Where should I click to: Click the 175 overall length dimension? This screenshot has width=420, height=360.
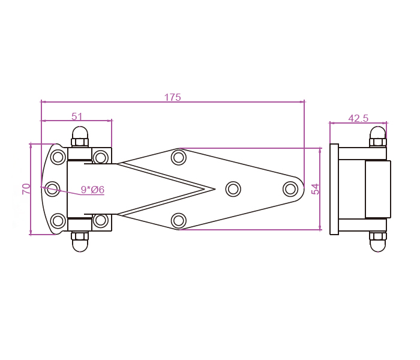click(172, 97)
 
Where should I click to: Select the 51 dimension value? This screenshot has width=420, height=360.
click(77, 117)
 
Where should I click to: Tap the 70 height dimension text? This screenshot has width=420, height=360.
click(26, 188)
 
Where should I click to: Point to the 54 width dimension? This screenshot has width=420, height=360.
click(316, 188)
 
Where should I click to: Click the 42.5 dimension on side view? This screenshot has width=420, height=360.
click(358, 119)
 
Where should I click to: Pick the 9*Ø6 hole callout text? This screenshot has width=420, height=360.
click(92, 190)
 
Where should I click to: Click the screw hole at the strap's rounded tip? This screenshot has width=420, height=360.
click(290, 189)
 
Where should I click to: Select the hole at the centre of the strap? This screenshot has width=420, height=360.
click(233, 189)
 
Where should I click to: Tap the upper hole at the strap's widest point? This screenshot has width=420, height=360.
click(179, 158)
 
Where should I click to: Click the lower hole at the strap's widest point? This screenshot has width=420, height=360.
click(179, 221)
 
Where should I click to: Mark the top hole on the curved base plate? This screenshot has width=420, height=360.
click(58, 157)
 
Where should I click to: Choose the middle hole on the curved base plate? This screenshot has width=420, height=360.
click(52, 189)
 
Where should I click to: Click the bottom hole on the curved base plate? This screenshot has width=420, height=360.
click(58, 221)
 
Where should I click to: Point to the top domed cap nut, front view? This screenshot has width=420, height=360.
click(80, 135)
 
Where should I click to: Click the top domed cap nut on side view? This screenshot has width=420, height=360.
click(378, 135)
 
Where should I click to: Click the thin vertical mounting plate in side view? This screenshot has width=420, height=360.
click(334, 189)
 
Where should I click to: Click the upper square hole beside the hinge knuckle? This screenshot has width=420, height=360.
click(101, 158)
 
